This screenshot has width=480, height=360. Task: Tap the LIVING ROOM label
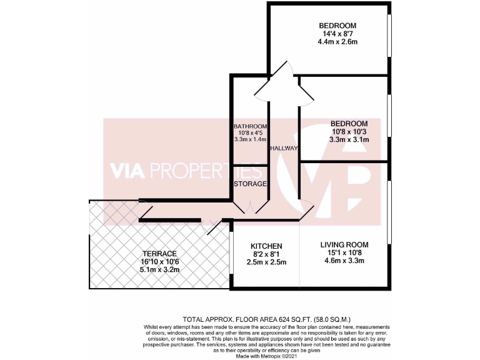tap(344, 244)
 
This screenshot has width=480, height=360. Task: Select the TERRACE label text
tap(159, 254)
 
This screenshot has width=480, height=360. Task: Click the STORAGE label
tap(250, 184)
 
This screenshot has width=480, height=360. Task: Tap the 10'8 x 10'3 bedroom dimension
tap(349, 132)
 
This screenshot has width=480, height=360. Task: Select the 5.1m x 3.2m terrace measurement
tap(159, 270)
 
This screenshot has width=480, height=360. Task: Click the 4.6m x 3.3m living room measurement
tap(344, 261)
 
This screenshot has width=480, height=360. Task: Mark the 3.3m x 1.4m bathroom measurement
tap(250, 139)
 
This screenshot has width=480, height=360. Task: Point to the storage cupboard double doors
tap(250, 206)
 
